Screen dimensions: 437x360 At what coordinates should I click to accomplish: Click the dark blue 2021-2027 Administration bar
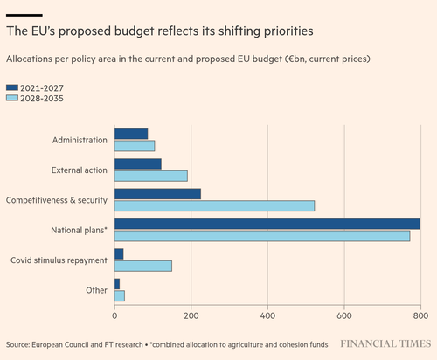pos(131,134)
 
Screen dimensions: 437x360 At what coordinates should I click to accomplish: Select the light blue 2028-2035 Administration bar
pos(135,146)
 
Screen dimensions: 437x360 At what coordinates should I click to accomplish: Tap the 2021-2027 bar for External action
pos(138,164)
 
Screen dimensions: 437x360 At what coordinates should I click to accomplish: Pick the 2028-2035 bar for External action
pos(151,176)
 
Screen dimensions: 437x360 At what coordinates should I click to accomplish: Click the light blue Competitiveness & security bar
pos(214,205)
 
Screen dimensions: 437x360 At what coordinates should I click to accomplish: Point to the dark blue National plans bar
pos(267,224)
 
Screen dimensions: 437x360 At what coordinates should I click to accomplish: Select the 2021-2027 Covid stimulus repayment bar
pos(119,254)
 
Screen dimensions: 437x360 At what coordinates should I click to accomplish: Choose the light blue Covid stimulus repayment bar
pos(143,266)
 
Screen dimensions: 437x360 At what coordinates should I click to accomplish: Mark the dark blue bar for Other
pos(117,284)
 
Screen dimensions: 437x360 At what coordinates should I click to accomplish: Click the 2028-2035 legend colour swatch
pos(12,98)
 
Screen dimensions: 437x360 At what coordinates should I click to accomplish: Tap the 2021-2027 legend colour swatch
pos(12,87)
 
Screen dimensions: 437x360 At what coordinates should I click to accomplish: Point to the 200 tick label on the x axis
pos(191,315)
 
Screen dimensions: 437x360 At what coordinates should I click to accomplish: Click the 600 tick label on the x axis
pos(344,315)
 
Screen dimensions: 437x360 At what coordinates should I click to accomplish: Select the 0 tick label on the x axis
pos(114,315)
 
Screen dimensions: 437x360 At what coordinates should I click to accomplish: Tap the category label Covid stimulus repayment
pos(59,260)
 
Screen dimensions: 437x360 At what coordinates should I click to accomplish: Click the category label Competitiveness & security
pos(57,200)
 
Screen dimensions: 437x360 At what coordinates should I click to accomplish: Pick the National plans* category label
pos(79,230)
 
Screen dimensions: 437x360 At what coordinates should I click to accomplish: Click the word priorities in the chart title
pos(288,31)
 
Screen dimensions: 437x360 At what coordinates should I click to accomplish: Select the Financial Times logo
pos(385,343)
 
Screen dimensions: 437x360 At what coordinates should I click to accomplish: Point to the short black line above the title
pos(24,15)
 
